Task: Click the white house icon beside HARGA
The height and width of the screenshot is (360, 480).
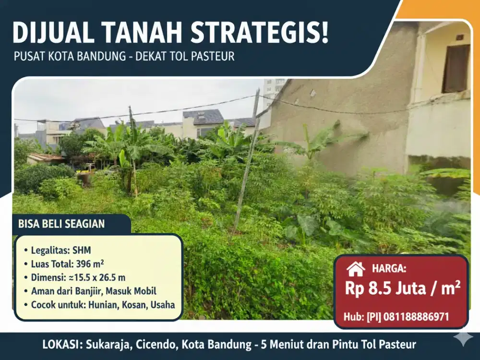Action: [356, 269]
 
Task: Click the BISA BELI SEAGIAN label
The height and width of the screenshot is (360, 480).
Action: [61, 224]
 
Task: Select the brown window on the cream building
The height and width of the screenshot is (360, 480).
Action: [456, 68]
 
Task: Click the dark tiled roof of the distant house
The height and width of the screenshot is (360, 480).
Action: [203, 117]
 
